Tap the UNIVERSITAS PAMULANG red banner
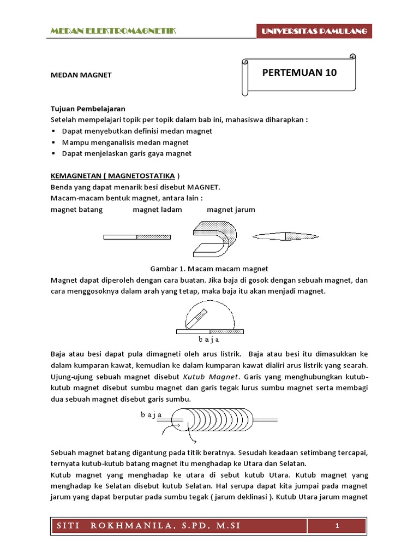tap(315, 32)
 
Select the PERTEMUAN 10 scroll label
tap(300, 73)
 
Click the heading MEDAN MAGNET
tap(81, 75)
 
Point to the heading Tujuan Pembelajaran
tap(88, 109)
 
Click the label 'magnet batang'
tap(76, 210)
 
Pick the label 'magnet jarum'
tap(231, 210)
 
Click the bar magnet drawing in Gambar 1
tap(137, 237)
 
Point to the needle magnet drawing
tap(285, 236)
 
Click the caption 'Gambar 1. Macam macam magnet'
tap(209, 269)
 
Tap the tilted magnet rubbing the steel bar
tap(197, 319)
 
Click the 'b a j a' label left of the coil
tap(152, 414)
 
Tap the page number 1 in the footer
tap(338, 526)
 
